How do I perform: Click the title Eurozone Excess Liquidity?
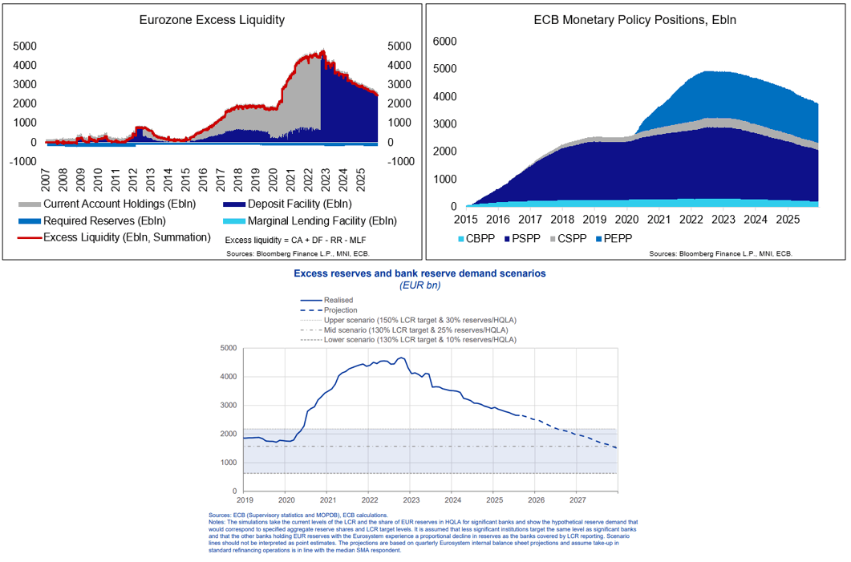click(x=212, y=20)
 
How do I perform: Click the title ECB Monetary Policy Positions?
click(x=634, y=20)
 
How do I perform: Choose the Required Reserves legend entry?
click(x=97, y=220)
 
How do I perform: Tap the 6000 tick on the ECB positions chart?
click(x=445, y=41)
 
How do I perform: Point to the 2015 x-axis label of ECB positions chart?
click(x=466, y=219)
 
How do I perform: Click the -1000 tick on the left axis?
click(x=24, y=160)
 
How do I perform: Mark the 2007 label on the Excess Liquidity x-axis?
click(x=46, y=172)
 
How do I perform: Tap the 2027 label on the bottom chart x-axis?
click(x=576, y=499)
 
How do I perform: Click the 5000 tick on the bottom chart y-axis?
click(x=229, y=348)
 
